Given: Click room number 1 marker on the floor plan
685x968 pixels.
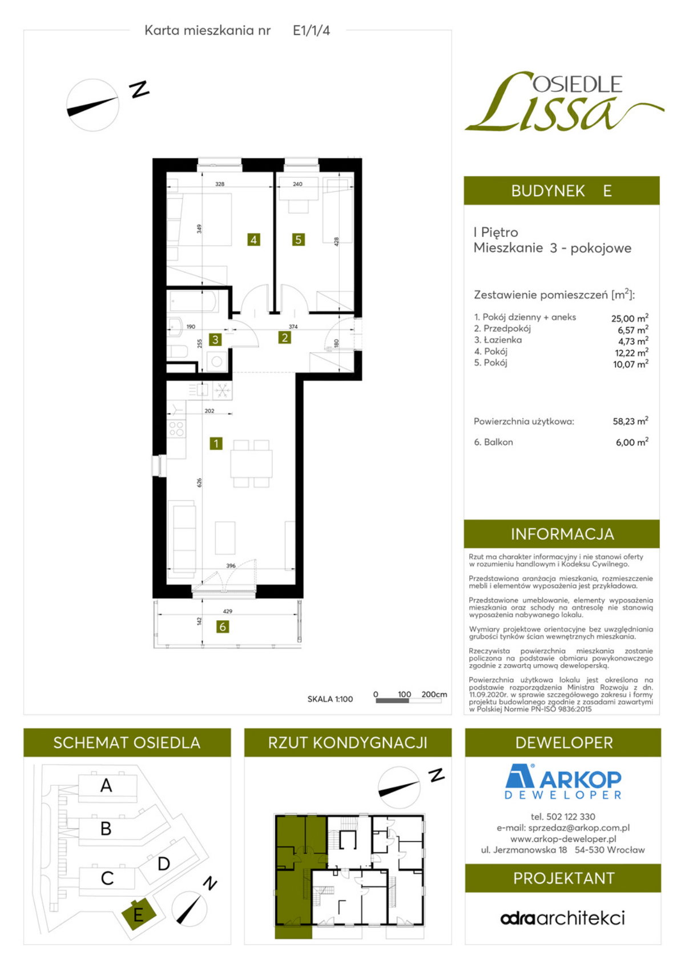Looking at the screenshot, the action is pos(216,443).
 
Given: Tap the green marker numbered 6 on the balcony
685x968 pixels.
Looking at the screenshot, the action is pos(223,626).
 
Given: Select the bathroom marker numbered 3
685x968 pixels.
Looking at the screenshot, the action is pos(215,340).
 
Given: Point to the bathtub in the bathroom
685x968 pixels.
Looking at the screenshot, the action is pos(193,301).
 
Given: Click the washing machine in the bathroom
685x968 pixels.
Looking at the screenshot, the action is pos(217,362).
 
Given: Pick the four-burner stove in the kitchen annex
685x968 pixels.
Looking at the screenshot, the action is pos(176,429).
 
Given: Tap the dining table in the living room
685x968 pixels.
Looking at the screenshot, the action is pos(251,463).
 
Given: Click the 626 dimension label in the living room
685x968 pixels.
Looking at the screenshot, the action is pos(199,482).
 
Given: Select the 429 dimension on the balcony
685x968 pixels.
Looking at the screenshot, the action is pos(228,611).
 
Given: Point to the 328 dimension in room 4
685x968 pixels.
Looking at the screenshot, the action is pos(220,184).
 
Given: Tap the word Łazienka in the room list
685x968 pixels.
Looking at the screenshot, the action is pos(502,340).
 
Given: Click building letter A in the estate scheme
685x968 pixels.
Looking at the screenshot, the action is pos(106,785).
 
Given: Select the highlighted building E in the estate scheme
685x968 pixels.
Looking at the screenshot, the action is pos(138,915).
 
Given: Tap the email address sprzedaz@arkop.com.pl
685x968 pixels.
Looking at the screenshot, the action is pos(563,828).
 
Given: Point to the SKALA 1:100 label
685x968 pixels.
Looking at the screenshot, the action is pos(330,699).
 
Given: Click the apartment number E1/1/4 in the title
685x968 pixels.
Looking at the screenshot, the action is pos(311,31).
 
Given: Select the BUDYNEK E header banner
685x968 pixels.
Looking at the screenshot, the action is pos(562,191).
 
